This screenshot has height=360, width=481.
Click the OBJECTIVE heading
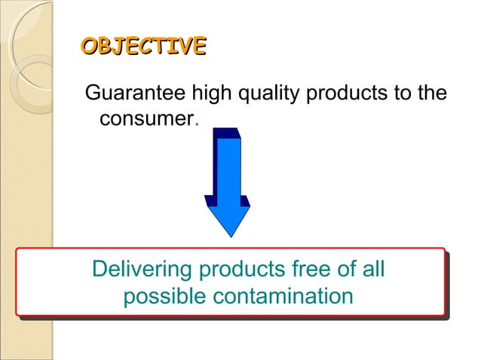[x=143, y=46]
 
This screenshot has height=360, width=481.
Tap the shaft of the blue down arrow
[x=227, y=169]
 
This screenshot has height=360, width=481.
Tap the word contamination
[x=283, y=295]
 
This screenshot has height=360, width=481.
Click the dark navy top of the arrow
[x=225, y=133]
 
